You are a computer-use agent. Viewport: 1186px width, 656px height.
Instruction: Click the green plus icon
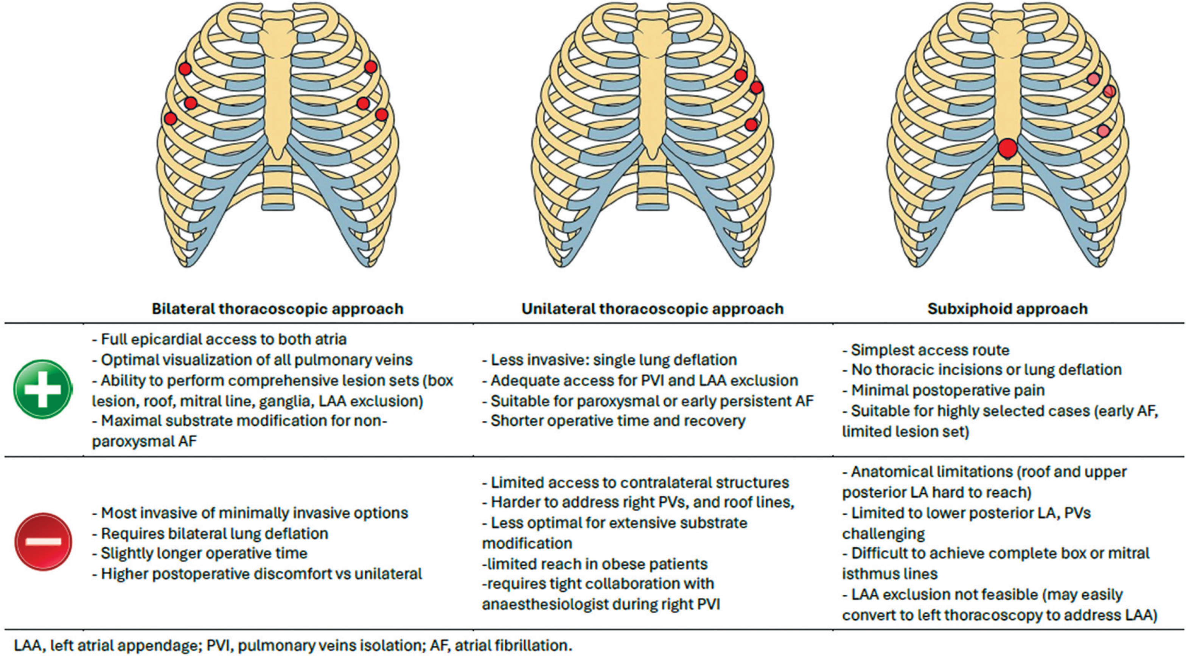[x=42, y=389]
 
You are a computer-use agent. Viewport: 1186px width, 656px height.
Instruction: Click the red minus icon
[x=43, y=542]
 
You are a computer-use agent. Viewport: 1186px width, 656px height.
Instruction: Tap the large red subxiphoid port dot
[x=1008, y=148]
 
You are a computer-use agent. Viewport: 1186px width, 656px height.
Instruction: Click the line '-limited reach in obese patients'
[x=595, y=564]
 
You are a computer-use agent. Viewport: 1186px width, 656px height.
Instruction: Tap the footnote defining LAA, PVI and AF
[x=293, y=645]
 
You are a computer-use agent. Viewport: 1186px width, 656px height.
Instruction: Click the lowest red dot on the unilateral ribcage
[x=751, y=124]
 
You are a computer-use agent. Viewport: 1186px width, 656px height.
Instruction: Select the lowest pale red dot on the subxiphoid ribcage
[x=1103, y=131]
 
